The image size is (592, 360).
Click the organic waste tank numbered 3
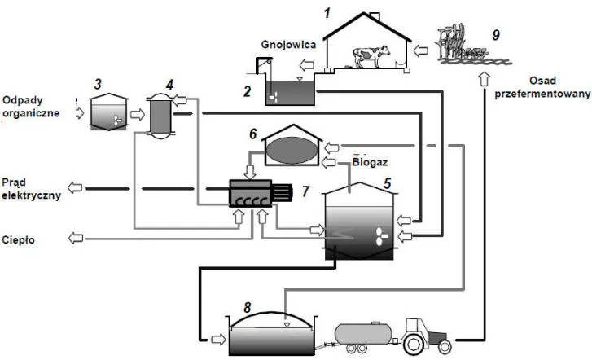click(x=107, y=115)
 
